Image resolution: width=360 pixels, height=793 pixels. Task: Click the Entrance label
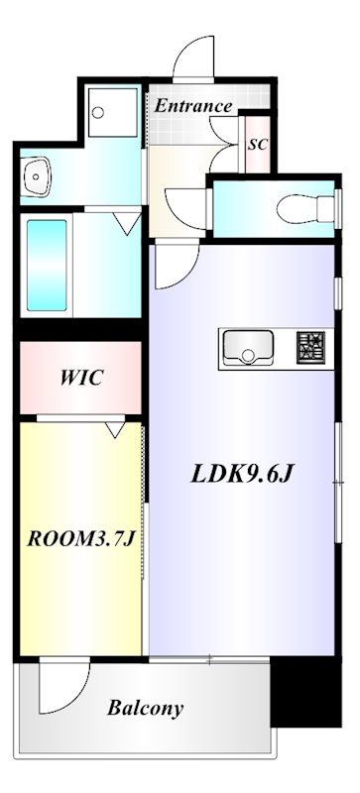[x=193, y=106]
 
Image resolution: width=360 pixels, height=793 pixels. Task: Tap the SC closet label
[x=258, y=144]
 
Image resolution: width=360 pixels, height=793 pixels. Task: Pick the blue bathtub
[x=46, y=265]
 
